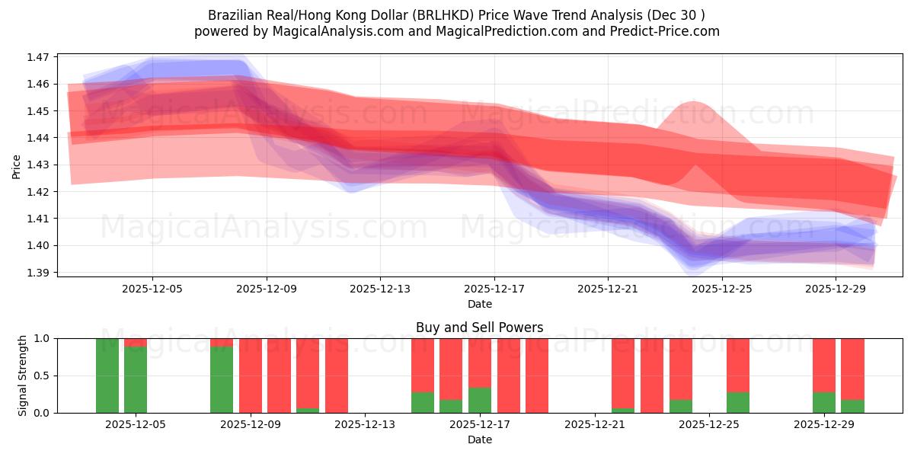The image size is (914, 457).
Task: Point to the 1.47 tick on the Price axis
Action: (x=38, y=57)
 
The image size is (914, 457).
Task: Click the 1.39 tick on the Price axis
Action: (x=38, y=273)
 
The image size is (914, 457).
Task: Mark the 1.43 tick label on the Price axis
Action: (x=38, y=165)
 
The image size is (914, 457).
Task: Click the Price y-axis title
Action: (x=17, y=165)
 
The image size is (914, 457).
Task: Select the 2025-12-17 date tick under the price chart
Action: (x=494, y=289)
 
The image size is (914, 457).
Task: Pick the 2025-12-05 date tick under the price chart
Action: (x=152, y=289)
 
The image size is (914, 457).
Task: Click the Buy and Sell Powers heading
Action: (x=480, y=328)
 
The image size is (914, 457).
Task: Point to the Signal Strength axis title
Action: (x=23, y=376)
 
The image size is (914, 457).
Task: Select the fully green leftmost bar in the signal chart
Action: (x=107, y=376)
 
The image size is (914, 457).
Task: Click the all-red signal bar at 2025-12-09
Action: (x=251, y=376)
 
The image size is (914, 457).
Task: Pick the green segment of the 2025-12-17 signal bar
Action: (x=480, y=400)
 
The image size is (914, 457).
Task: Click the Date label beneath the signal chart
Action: (x=480, y=439)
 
